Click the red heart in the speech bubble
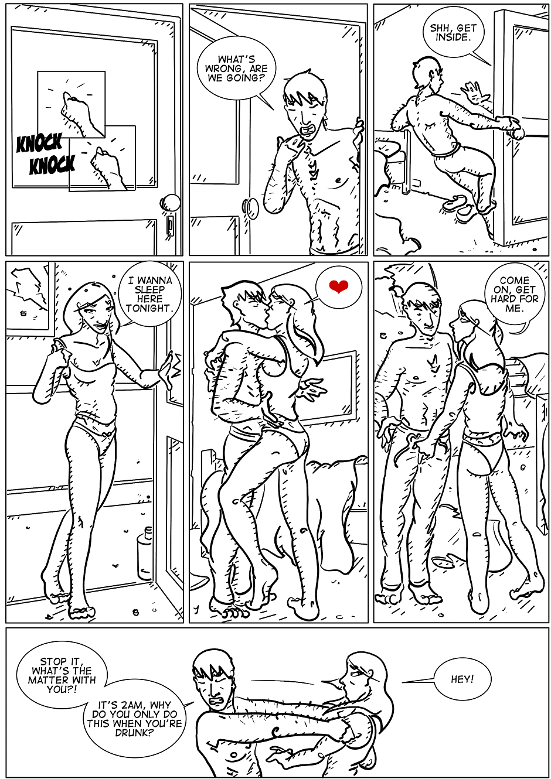[338, 286]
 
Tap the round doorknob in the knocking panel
[171, 203]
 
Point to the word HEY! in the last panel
[462, 679]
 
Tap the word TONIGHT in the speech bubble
[149, 308]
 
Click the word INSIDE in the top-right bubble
[453, 37]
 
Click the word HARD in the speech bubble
[502, 299]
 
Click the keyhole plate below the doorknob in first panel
[170, 225]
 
